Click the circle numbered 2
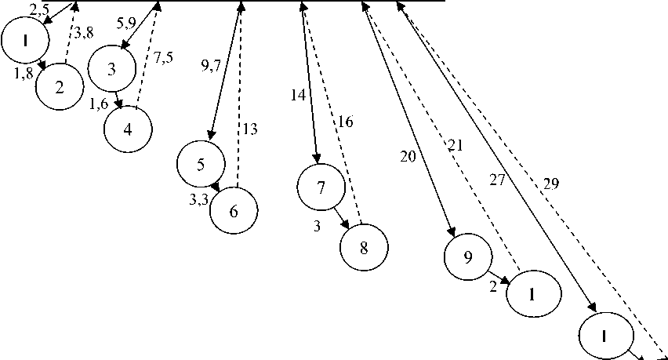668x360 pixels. (60, 85)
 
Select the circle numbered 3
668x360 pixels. (112, 68)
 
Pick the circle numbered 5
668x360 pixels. (201, 164)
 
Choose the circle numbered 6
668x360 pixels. (234, 211)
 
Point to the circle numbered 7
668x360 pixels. (320, 187)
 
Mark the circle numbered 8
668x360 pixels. (364, 246)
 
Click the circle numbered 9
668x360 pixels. (467, 256)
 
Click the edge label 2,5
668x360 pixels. (39, 9)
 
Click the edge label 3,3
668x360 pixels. (198, 200)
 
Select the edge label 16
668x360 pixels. (346, 122)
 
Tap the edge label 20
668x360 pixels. (408, 156)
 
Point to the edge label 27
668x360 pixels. (498, 180)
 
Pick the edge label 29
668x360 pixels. (550, 184)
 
